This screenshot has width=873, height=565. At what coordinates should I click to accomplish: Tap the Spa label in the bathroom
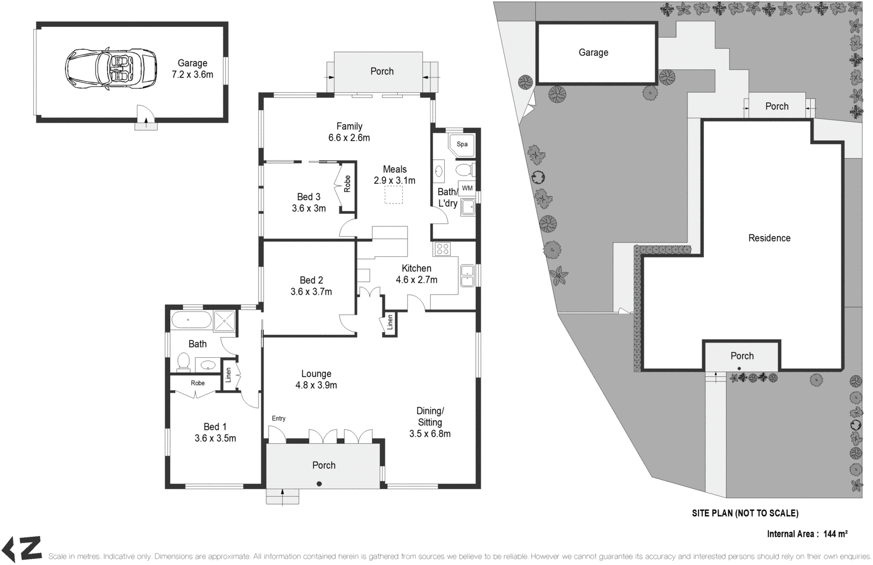click(x=462, y=145)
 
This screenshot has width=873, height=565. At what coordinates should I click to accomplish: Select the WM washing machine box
click(x=467, y=188)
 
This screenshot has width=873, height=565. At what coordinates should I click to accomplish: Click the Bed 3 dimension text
click(x=308, y=208)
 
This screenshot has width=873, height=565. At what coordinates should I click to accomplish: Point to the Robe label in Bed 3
click(x=347, y=183)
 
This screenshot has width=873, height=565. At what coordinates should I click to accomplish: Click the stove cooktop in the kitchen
click(x=442, y=249)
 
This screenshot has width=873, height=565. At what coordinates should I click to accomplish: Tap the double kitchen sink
click(x=467, y=275)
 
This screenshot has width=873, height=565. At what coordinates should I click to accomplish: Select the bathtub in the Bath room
click(x=190, y=320)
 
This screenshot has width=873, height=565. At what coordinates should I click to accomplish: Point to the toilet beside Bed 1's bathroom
click(x=183, y=361)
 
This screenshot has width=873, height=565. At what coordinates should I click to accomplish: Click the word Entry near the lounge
click(x=278, y=418)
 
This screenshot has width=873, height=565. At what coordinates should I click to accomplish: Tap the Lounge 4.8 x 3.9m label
click(x=316, y=380)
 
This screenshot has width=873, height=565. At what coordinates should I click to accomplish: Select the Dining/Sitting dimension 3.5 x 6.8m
click(x=430, y=434)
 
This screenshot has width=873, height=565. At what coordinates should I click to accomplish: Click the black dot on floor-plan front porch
click(x=319, y=483)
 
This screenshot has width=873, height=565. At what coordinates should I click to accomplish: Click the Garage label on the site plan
click(x=593, y=52)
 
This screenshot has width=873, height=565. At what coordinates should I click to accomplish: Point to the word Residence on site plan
click(x=769, y=238)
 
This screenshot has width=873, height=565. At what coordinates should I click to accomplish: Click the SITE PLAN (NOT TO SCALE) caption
click(x=745, y=513)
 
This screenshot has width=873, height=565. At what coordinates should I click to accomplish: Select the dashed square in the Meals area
click(x=393, y=195)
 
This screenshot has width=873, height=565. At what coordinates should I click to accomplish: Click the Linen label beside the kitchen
click(x=390, y=323)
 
